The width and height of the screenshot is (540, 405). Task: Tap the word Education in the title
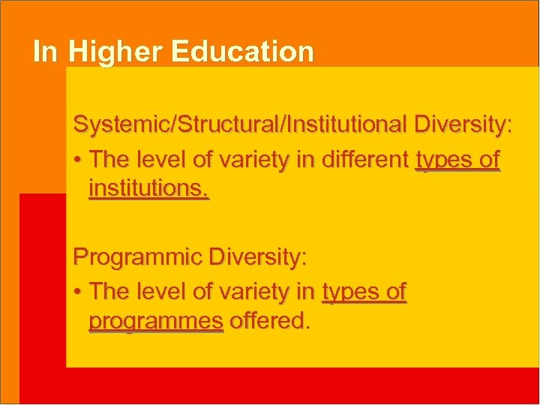point(241,52)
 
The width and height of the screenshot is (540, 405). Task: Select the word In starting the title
point(44,52)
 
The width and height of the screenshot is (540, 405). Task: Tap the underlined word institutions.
point(148,189)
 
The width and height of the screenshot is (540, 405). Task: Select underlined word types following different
point(442,160)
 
